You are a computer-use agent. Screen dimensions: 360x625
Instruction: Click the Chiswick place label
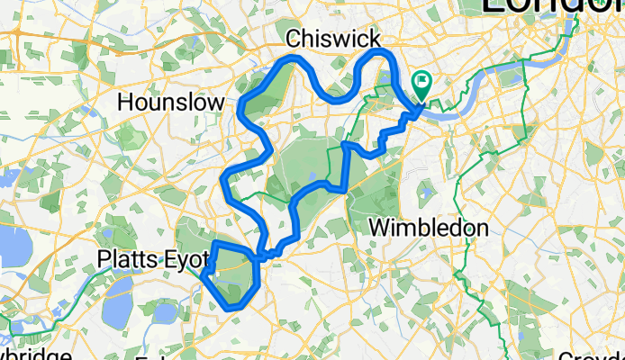pos(332,38)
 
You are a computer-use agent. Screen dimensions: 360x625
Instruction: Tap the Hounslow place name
pos(171,103)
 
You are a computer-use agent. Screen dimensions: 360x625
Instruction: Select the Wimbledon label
pos(429,228)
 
